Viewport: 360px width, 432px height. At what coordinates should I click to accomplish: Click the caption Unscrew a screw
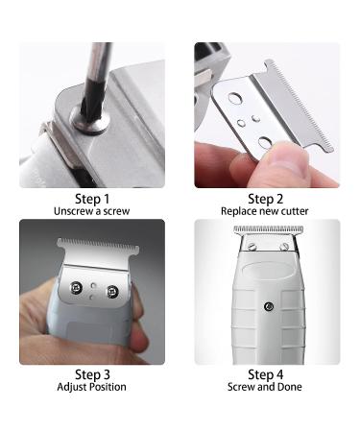click(92, 210)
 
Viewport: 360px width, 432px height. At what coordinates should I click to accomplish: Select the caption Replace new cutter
click(267, 210)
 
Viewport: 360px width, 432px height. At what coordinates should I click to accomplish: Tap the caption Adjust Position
click(92, 387)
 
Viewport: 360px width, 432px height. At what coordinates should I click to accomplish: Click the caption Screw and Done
click(267, 387)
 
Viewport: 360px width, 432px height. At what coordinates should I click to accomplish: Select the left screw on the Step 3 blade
click(74, 287)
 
